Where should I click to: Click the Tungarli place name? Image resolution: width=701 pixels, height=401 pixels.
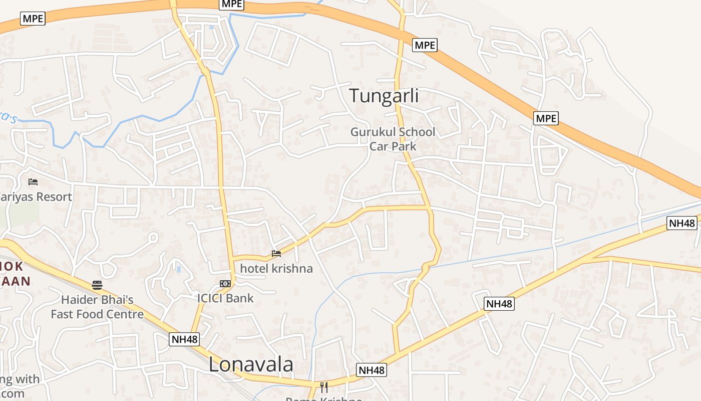point(384,95)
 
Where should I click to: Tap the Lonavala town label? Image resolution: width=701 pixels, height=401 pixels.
point(251,364)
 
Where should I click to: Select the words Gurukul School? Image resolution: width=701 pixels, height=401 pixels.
point(393,132)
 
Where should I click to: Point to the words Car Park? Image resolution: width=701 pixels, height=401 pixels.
point(393,146)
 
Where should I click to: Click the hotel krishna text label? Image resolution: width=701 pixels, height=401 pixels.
point(276,268)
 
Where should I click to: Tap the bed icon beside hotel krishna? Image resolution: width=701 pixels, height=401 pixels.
point(276,253)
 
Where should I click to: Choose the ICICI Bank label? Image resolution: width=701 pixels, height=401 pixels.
point(225,298)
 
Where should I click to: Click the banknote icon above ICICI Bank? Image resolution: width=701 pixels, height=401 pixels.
point(225,284)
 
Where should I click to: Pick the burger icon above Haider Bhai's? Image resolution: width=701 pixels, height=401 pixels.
point(97,285)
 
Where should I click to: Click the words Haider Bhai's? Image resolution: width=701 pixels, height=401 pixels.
point(97,300)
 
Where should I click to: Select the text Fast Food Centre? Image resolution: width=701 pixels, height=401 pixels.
point(97,314)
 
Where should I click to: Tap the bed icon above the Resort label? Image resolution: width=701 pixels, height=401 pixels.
point(33,181)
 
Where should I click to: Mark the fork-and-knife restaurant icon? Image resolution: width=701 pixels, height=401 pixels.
point(324,387)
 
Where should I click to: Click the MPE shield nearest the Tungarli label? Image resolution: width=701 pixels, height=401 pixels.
point(425,45)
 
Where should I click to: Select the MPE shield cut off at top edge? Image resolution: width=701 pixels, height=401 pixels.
point(232,4)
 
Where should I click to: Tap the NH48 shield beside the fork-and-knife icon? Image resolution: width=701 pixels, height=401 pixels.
point(372,370)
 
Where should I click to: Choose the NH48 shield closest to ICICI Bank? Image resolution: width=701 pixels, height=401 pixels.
point(185,339)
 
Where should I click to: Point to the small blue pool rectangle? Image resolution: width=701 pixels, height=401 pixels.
point(179,269)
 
